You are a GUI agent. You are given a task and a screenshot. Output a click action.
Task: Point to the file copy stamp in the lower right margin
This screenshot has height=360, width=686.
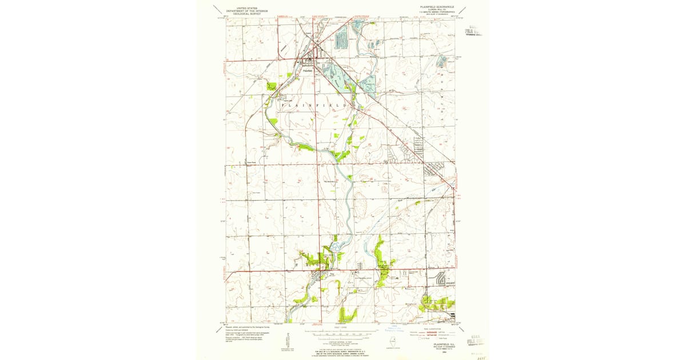[475, 341]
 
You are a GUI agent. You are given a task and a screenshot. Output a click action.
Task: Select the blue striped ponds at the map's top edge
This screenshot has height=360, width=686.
[342, 38]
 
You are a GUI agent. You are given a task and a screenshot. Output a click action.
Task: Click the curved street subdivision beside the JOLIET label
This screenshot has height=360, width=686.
[441, 279]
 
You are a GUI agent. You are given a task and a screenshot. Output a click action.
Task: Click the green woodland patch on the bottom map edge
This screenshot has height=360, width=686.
[347, 314]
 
